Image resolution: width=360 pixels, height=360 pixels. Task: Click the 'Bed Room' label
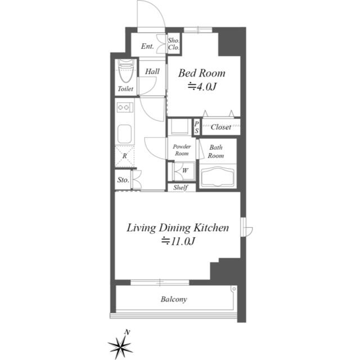click(202, 73)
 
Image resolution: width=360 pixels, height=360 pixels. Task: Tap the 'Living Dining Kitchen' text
click(177, 228)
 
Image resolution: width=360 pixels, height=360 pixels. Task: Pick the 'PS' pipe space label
click(196, 127)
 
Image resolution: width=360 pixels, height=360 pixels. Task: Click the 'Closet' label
click(220, 127)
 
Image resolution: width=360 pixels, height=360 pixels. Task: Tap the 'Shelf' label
click(181, 187)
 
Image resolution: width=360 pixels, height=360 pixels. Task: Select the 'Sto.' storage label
click(123, 181)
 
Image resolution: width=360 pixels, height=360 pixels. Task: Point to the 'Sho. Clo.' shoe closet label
click(174, 44)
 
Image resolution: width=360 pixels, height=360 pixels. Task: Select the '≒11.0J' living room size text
click(178, 241)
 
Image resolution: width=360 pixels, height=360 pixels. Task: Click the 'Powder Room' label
click(181, 150)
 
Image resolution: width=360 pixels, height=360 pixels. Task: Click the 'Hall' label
click(152, 71)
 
